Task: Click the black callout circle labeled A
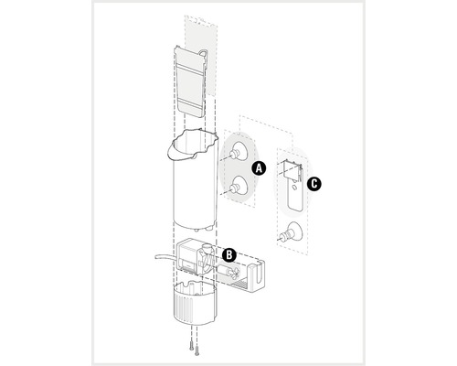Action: pyautogui.click(x=259, y=168)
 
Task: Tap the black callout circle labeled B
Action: pyautogui.click(x=229, y=255)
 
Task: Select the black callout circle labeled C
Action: pyautogui.click(x=314, y=184)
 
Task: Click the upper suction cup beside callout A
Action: pyautogui.click(x=238, y=151)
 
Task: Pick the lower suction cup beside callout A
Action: pyautogui.click(x=238, y=185)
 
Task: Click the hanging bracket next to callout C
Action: pyautogui.click(x=293, y=186)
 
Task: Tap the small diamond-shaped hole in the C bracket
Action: pyautogui.click(x=294, y=187)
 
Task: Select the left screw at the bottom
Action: pyautogui.click(x=191, y=346)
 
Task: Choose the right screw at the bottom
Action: pyautogui.click(x=197, y=350)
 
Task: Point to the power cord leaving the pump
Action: pyautogui.click(x=166, y=256)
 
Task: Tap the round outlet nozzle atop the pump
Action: pyautogui.click(x=207, y=248)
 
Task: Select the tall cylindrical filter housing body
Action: pyautogui.click(x=194, y=180)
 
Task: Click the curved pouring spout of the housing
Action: pyautogui.click(x=181, y=149)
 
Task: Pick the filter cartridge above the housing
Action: pyautogui.click(x=190, y=81)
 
